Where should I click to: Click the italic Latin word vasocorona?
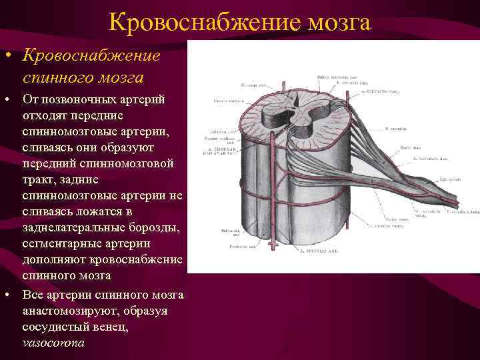tap(53, 343)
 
